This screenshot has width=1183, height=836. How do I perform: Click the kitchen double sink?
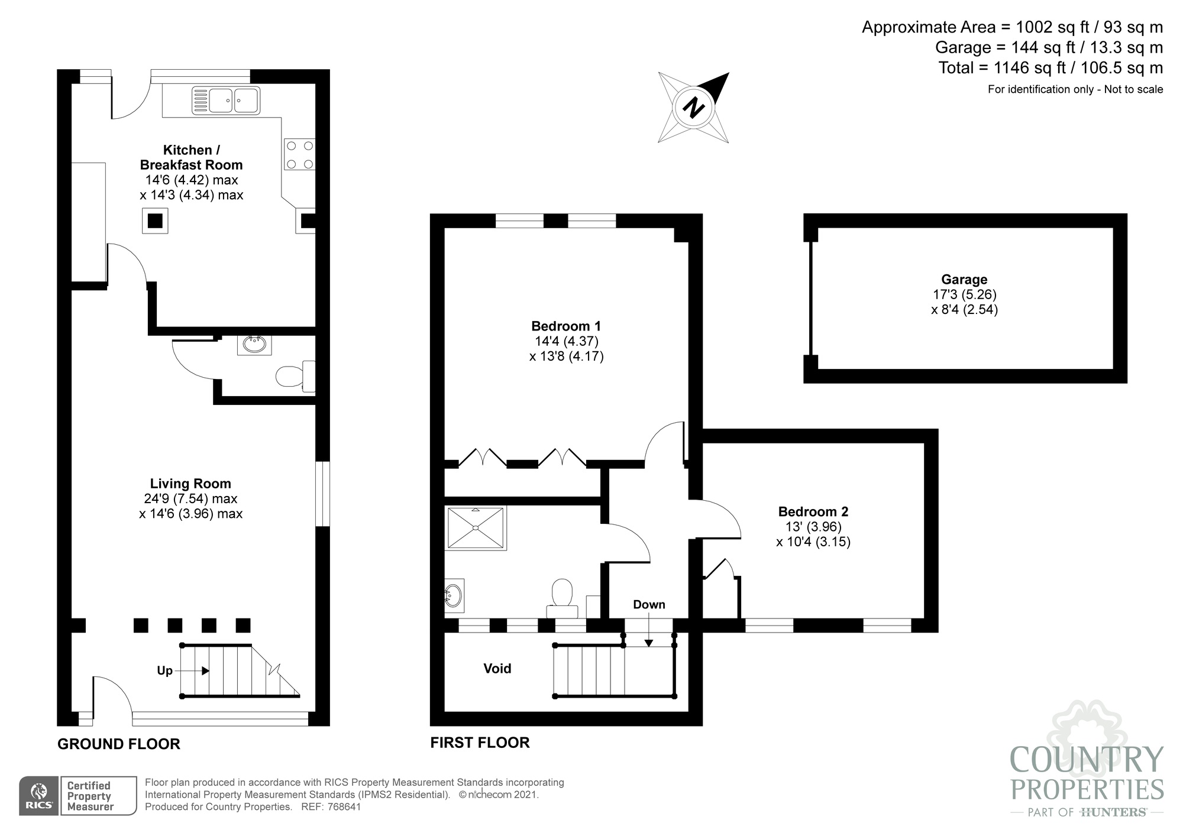point(225,100)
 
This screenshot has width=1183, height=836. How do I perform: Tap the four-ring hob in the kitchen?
point(299,154)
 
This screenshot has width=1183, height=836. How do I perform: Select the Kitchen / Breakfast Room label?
point(191,157)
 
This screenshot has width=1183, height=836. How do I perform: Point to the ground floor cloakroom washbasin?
point(254,345)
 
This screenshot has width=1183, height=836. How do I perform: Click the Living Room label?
point(190,484)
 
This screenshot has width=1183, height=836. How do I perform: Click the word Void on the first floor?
point(497,669)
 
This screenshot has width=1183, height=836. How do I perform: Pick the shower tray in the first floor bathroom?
point(476,527)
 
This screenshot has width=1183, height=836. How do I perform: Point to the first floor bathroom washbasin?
point(454,595)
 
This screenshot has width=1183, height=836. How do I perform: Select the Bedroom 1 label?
point(566,326)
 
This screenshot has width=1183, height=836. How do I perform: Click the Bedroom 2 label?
point(813,512)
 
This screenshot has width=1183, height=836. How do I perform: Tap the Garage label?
point(964,280)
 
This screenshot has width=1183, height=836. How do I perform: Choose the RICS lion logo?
point(38,795)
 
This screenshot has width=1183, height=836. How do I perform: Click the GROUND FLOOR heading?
point(119,744)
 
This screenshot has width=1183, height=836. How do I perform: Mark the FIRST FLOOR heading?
point(480,743)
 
